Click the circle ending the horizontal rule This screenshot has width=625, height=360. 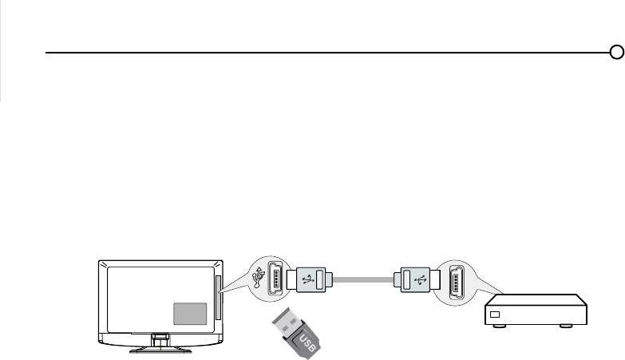(x=616, y=53)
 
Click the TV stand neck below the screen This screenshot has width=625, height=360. (x=161, y=338)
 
